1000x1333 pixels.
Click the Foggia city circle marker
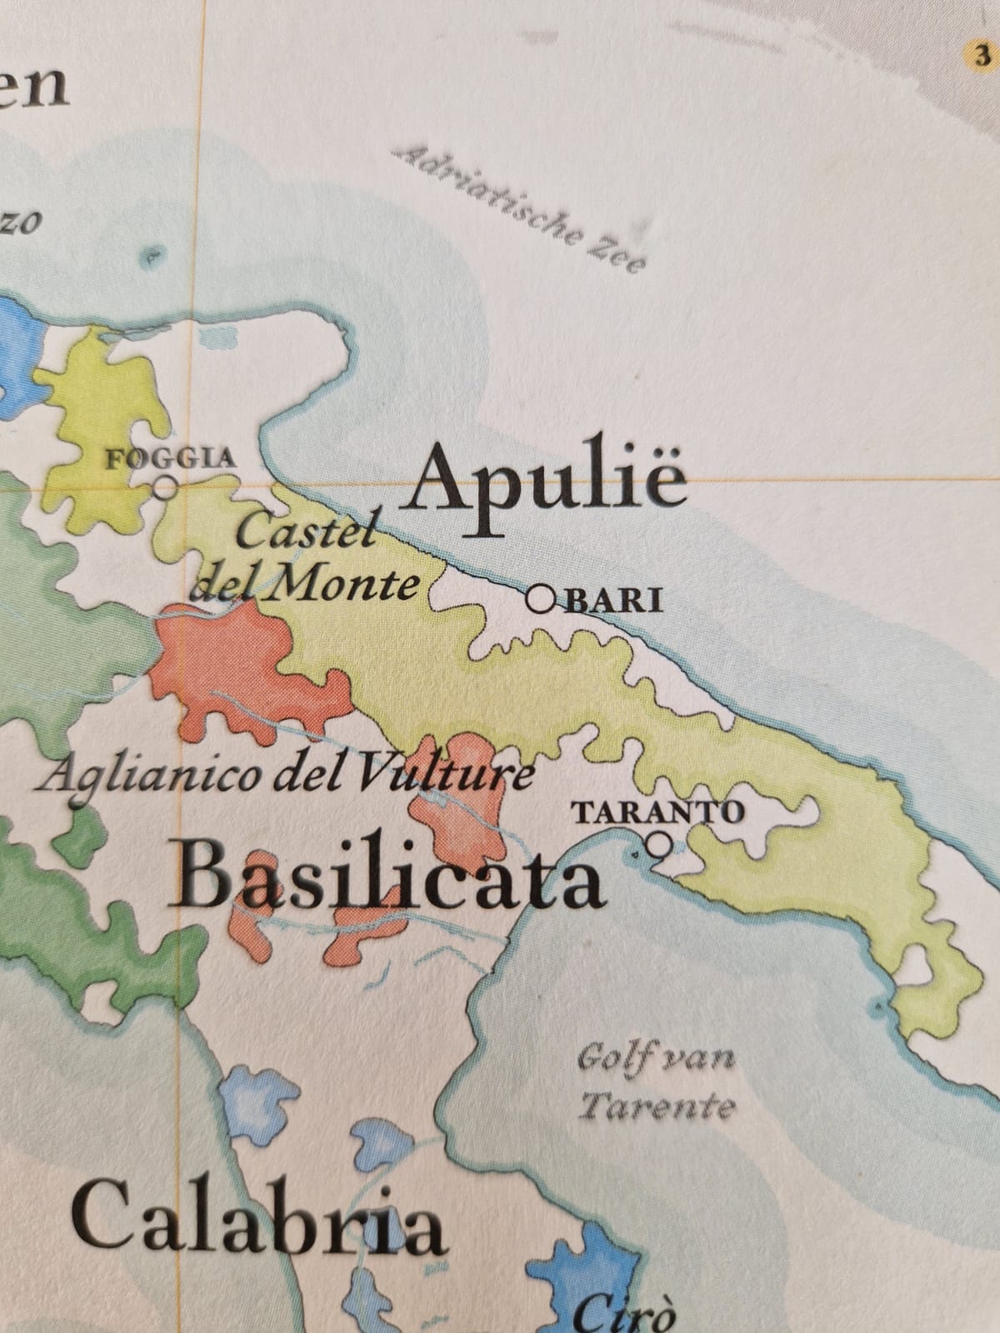167,487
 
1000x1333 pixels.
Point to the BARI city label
614,601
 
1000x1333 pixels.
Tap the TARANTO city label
658,811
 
